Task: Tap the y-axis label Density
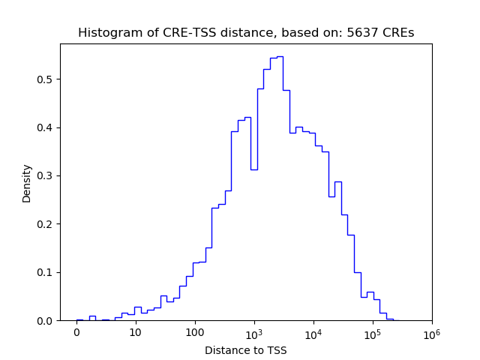pos(27,183)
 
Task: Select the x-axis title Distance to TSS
pos(246,350)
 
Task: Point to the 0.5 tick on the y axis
pos(46,79)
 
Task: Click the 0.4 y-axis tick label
pos(46,127)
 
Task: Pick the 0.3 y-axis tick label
pos(46,175)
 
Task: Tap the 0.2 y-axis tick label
pos(46,224)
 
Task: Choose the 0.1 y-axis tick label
pos(46,272)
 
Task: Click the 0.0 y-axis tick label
pos(46,321)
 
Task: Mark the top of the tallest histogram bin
pos(280,56)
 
